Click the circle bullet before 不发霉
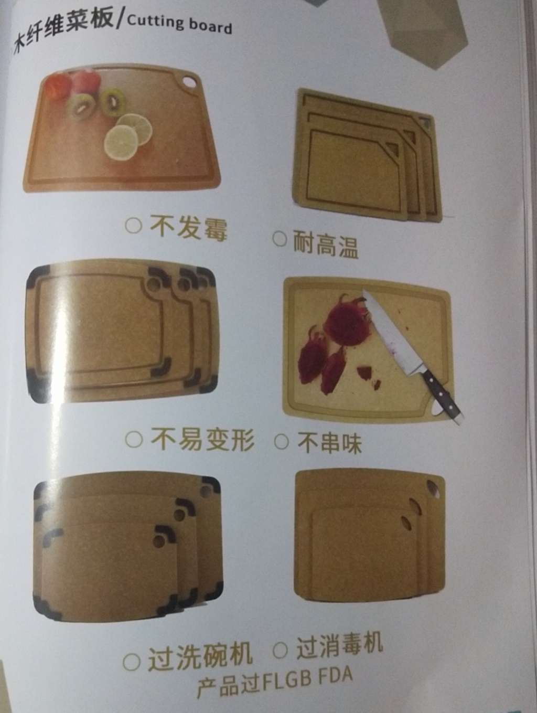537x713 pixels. (133, 225)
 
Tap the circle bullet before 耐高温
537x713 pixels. (280, 239)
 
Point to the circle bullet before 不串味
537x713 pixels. (281, 441)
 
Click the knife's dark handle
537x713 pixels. (441, 396)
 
